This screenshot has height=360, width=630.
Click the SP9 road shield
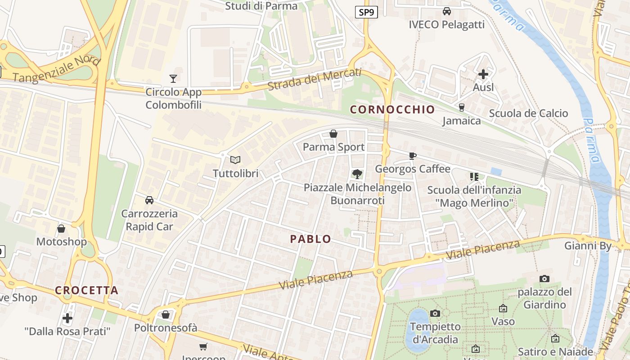coord(366,13)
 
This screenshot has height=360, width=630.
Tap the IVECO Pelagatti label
coord(446,24)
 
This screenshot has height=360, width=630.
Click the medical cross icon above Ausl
coord(483,74)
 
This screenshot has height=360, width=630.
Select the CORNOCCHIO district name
coord(392,109)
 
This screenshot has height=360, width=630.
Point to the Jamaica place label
coord(461,121)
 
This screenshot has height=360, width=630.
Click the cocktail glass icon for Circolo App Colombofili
coord(173,79)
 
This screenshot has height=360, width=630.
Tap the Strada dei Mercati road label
coord(314,79)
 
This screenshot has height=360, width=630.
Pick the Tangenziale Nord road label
coord(56,70)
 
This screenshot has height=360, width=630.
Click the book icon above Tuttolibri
coord(235,160)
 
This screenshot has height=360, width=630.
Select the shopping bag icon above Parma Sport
coord(333,134)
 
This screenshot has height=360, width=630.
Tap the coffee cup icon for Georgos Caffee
coord(412,156)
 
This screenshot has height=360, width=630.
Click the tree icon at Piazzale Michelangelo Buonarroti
coord(357,174)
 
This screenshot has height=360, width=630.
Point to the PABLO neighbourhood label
coord(310,239)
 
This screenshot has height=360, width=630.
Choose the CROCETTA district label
coord(86,290)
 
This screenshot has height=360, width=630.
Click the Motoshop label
coord(61,242)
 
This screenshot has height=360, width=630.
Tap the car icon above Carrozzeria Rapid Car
coord(149,200)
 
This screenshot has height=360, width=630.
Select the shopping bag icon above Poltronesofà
coord(166,315)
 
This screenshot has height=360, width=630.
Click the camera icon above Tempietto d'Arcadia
coord(435,313)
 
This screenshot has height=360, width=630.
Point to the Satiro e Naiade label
coord(555,351)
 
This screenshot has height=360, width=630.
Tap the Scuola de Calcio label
coord(528,113)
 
